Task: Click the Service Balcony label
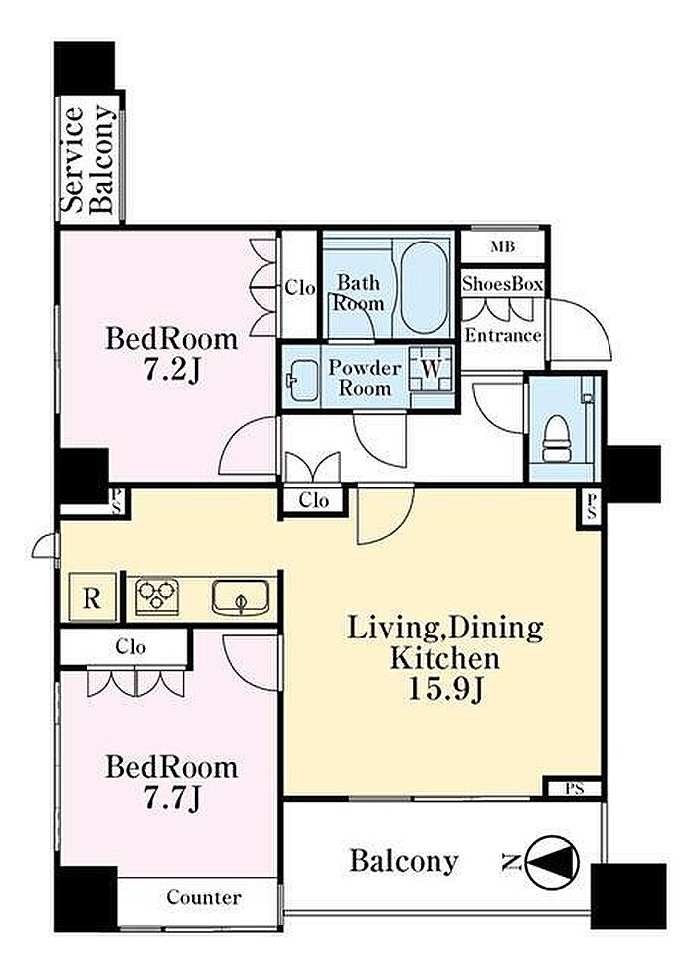click(x=88, y=160)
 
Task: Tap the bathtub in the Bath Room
click(x=425, y=287)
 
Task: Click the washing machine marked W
click(x=432, y=368)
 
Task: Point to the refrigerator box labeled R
click(x=91, y=598)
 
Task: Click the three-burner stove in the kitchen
click(x=157, y=597)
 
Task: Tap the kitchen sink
click(x=241, y=597)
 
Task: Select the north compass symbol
click(x=552, y=862)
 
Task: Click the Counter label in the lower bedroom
click(x=204, y=897)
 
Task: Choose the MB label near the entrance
click(x=503, y=246)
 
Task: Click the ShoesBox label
click(x=503, y=284)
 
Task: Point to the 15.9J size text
click(x=445, y=688)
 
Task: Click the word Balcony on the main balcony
click(x=404, y=861)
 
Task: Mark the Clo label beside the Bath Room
click(x=300, y=288)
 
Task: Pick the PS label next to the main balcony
click(x=575, y=789)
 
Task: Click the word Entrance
click(x=503, y=336)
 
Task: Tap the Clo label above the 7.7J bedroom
click(x=131, y=647)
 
